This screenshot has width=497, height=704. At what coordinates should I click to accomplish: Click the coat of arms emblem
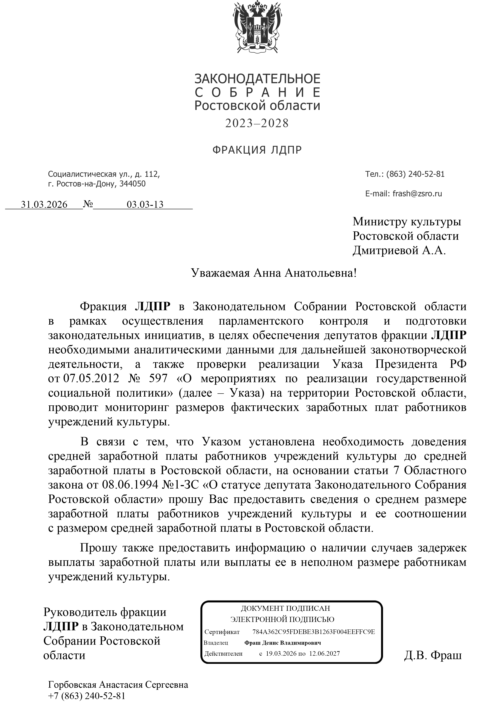click(x=257, y=27)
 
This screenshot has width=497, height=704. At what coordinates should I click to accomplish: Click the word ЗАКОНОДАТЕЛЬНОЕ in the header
click(x=257, y=79)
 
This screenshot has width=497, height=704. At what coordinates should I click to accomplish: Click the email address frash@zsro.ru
click(x=417, y=194)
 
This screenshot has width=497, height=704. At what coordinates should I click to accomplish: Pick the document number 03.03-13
click(x=145, y=205)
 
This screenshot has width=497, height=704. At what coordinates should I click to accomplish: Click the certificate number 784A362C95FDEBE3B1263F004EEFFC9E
click(x=314, y=632)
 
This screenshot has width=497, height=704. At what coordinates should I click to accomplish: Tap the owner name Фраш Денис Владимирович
click(x=282, y=643)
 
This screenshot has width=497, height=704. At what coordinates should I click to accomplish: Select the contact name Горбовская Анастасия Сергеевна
click(x=118, y=685)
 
